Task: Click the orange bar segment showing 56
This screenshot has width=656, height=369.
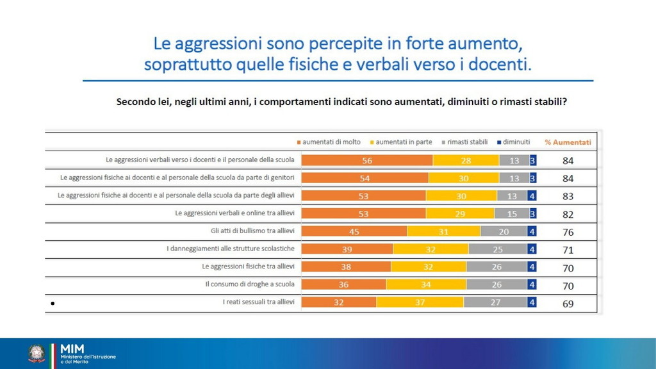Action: click(367, 160)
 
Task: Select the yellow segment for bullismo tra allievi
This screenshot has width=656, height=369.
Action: click(443, 232)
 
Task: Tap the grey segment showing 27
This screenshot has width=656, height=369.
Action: click(495, 304)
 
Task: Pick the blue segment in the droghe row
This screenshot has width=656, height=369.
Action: click(531, 286)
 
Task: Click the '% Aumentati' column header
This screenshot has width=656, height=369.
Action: click(568, 142)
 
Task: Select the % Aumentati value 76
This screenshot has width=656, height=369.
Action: click(568, 232)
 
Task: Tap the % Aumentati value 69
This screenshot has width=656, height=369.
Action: click(568, 304)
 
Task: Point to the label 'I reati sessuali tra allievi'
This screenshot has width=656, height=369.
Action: click(254, 302)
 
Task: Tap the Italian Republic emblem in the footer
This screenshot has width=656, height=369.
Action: click(37, 354)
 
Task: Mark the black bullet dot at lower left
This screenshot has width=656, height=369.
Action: click(51, 303)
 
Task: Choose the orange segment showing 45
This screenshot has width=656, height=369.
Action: click(354, 232)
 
